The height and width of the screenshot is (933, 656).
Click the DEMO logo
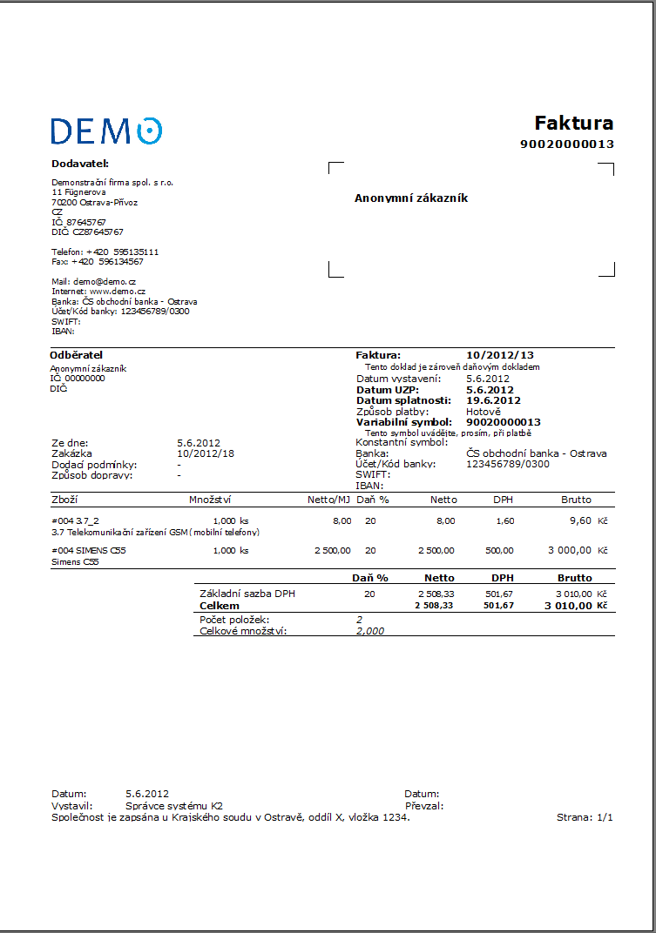coord(106,131)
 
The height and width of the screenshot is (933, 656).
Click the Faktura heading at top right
coord(573,123)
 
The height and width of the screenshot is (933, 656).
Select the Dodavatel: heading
coord(79,163)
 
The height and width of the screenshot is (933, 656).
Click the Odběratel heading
coord(77,355)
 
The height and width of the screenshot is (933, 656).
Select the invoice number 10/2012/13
coord(499,355)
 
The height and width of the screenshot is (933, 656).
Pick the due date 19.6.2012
coord(493,400)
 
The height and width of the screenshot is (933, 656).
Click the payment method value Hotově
coord(484,412)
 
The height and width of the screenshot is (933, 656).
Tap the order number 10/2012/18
coord(206,453)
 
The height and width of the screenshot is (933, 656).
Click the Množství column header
coord(210,500)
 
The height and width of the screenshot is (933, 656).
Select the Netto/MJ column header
coord(328,500)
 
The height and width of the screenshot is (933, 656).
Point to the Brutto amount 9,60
coord(580,520)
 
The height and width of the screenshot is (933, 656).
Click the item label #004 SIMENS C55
coord(89,551)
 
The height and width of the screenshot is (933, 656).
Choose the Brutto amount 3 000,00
coord(570,551)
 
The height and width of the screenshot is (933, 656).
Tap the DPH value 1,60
coord(504,520)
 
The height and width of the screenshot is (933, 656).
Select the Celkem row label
coord(220,606)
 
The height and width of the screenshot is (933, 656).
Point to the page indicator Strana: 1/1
coord(585,818)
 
